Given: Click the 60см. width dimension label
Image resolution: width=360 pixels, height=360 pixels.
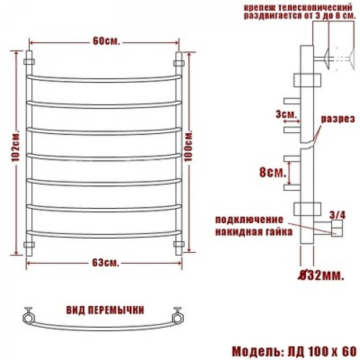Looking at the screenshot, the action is (x=106, y=41).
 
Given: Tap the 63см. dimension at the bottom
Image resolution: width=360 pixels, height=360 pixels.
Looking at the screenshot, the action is (x=106, y=263).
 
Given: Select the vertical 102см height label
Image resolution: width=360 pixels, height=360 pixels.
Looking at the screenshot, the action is (x=16, y=147).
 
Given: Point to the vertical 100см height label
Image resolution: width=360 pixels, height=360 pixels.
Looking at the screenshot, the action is (x=189, y=147).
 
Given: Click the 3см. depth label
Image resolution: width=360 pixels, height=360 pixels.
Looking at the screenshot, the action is (x=286, y=114).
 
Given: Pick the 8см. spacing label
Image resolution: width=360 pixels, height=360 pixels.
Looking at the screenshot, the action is (x=273, y=172).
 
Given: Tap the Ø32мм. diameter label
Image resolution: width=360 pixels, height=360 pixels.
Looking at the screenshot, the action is (x=321, y=276).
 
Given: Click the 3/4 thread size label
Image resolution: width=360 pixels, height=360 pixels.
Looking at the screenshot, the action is (x=337, y=215).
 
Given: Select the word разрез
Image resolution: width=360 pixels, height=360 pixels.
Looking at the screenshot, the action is (x=338, y=119).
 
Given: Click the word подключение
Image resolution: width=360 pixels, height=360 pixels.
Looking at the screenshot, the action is (x=249, y=220).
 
